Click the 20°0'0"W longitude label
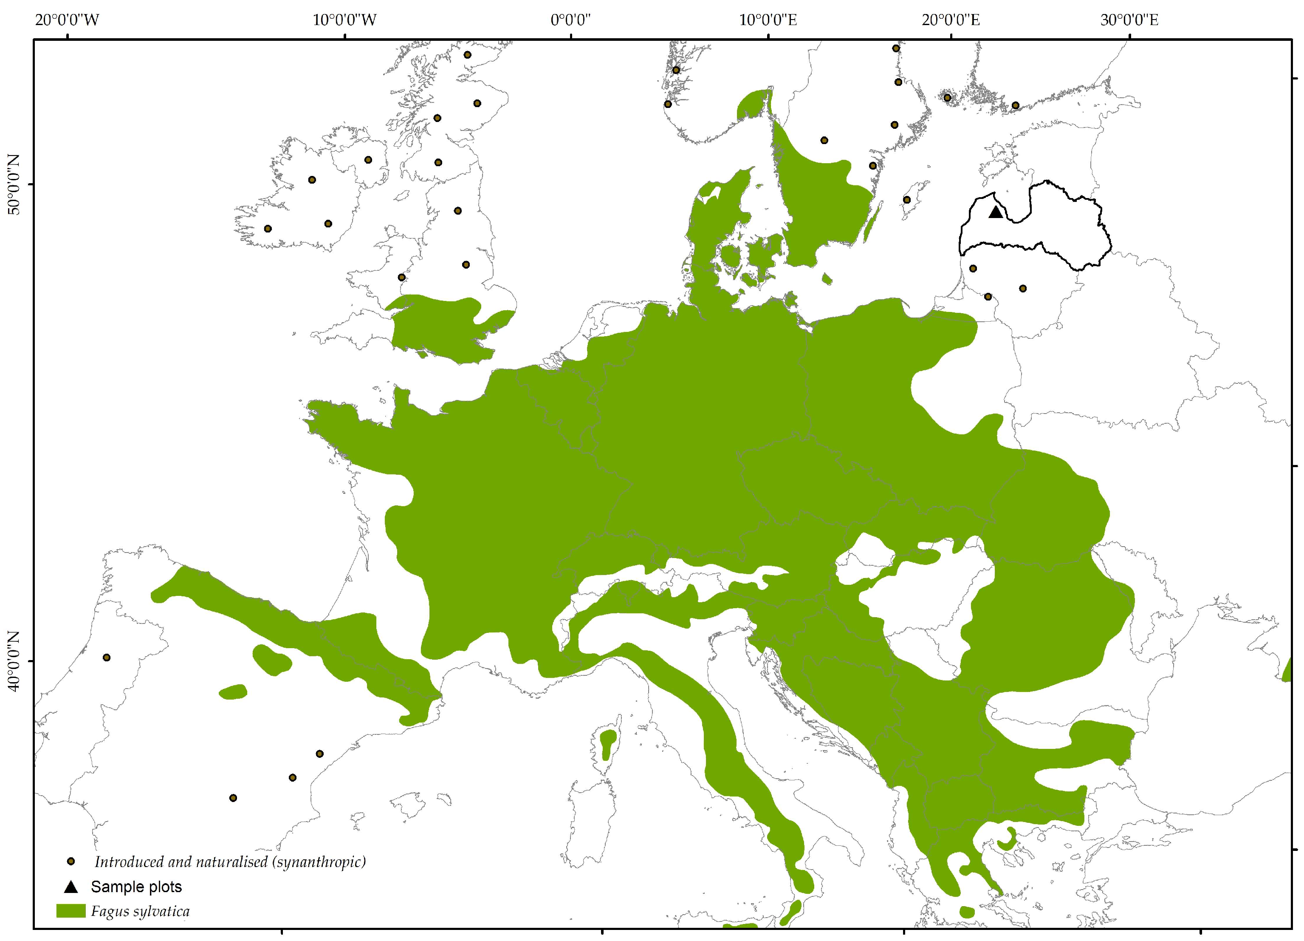(67, 20)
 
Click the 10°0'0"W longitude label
(344, 20)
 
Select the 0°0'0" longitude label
(570, 20)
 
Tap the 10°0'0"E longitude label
(768, 20)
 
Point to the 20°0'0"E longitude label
(951, 20)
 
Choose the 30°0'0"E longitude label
(1129, 20)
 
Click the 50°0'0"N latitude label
(13, 184)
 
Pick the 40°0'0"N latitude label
(13, 661)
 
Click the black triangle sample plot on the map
(996, 212)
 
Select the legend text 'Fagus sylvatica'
(140, 912)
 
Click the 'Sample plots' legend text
(136, 887)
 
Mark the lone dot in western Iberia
(106, 658)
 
